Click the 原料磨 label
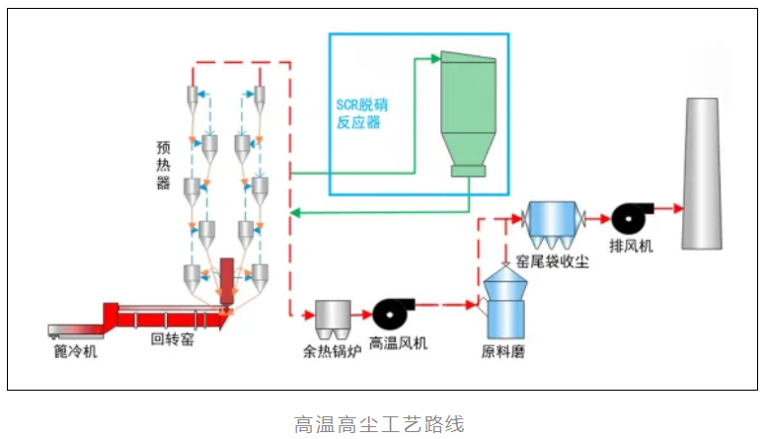502,350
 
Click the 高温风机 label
400,344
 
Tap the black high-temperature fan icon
392,313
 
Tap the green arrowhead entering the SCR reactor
435,60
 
